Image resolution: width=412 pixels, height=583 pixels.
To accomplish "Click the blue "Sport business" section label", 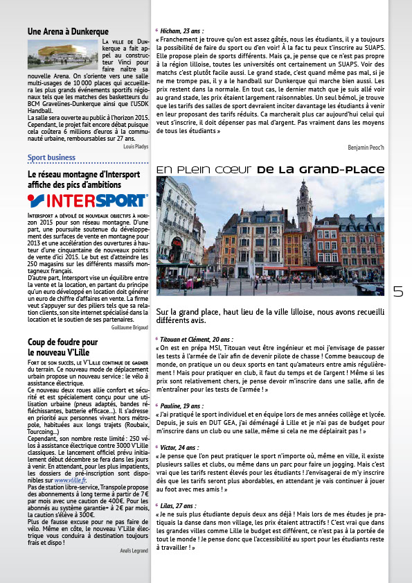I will click(x=52, y=158).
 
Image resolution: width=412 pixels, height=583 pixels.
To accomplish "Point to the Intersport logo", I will click(x=88, y=201).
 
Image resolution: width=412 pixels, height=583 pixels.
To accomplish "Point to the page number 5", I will click(x=397, y=292).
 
